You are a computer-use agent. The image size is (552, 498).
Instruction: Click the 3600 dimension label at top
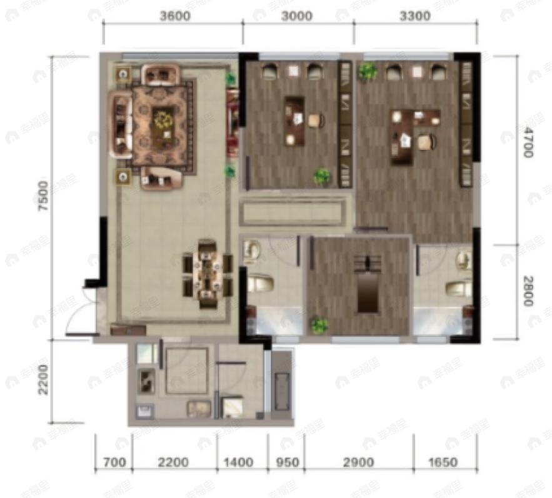[x=174, y=17]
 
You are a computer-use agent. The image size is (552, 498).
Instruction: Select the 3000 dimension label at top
[x=296, y=17]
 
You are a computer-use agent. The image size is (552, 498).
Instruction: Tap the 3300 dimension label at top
[x=414, y=17]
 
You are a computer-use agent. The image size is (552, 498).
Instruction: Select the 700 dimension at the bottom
[x=113, y=463]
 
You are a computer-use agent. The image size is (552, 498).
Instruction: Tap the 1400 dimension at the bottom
[x=238, y=463]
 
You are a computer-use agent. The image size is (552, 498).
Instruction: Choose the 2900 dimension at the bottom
[x=358, y=463]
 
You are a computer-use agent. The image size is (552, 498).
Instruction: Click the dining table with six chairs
[x=207, y=274]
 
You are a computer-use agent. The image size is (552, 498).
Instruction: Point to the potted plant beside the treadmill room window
[x=319, y=325]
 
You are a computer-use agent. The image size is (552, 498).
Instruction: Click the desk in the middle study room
[x=294, y=119]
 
